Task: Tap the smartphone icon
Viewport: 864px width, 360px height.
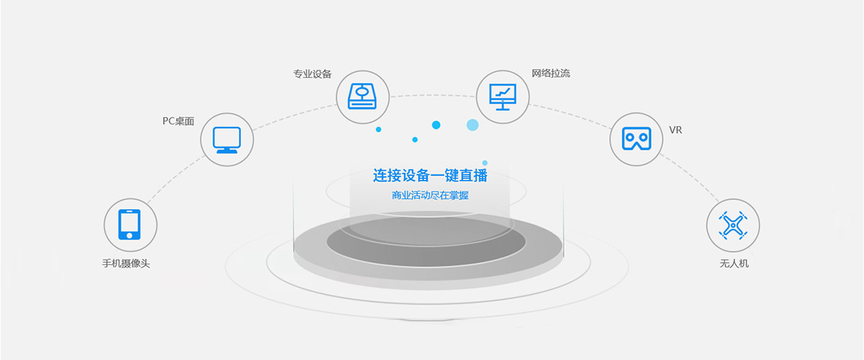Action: pyautogui.click(x=129, y=225)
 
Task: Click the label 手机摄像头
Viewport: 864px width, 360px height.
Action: pyautogui.click(x=126, y=264)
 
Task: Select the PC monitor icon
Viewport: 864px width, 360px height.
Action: pyautogui.click(x=227, y=140)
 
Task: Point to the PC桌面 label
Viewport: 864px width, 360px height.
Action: pyautogui.click(x=179, y=121)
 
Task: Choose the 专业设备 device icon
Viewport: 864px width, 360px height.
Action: pyautogui.click(x=362, y=96)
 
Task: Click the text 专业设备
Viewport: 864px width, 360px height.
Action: pyautogui.click(x=312, y=73)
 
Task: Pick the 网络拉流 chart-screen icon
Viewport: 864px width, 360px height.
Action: pyautogui.click(x=503, y=97)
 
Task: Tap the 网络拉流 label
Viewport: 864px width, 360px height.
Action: pyautogui.click(x=550, y=73)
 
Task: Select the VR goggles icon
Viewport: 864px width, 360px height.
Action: pyautogui.click(x=636, y=139)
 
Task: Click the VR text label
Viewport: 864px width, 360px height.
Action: pyautogui.click(x=675, y=130)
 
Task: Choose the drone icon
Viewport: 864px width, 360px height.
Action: pyautogui.click(x=733, y=225)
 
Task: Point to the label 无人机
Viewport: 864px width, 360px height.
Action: pyautogui.click(x=734, y=264)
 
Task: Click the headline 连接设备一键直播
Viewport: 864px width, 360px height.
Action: pyautogui.click(x=430, y=176)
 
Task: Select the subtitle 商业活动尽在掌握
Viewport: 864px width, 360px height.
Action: pyautogui.click(x=430, y=196)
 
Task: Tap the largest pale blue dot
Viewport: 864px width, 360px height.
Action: pyautogui.click(x=472, y=125)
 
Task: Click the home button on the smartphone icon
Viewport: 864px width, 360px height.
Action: pyautogui.click(x=129, y=235)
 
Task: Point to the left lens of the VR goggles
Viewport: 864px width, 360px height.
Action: pyautogui.click(x=629, y=138)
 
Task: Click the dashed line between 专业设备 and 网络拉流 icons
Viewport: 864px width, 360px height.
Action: pyautogui.click(x=433, y=95)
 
